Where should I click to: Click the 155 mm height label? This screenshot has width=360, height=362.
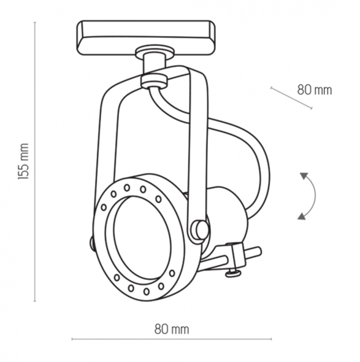pos(23,161)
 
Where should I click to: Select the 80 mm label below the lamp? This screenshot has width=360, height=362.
pos(172,329)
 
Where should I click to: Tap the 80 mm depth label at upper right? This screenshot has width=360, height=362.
pos(315,90)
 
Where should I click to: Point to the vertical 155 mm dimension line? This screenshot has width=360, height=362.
pos(35,161)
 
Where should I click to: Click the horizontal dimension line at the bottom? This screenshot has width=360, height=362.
pos(172,339)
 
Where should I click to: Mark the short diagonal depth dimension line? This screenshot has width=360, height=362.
pos(291,98)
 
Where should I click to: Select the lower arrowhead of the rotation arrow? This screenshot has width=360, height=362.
pos(302,215)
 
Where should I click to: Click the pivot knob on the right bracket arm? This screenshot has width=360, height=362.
pos(200,229)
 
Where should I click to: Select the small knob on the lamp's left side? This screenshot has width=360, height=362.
pos(91,244)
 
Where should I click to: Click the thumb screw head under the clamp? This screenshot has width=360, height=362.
pos(233,272)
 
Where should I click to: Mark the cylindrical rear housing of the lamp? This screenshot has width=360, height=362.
pos(227,215)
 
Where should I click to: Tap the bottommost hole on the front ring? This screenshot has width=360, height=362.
pos(147,291)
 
